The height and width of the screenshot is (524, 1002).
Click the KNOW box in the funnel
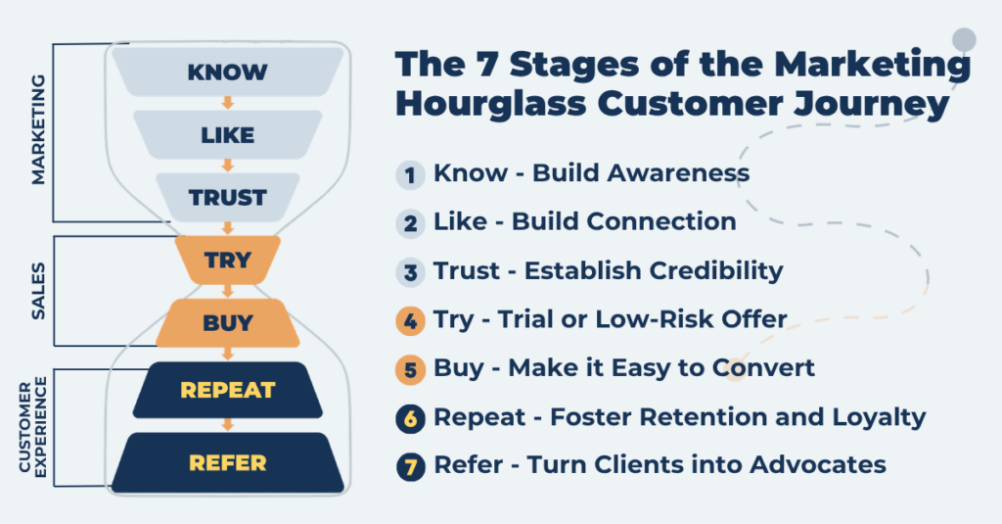click(227, 72)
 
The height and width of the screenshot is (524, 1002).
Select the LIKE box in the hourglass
click(227, 134)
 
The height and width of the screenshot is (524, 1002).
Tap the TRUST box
click(227, 197)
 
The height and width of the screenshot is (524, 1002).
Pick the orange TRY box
click(227, 261)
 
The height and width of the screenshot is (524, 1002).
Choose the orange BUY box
click(227, 322)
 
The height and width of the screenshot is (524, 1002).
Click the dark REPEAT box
click(227, 390)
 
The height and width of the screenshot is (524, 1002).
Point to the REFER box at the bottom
click(227, 461)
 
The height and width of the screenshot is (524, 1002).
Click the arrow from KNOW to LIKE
click(227, 102)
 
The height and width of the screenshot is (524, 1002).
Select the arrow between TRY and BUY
click(227, 291)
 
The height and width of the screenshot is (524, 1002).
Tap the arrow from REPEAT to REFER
click(227, 425)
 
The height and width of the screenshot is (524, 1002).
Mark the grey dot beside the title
click(964, 40)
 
